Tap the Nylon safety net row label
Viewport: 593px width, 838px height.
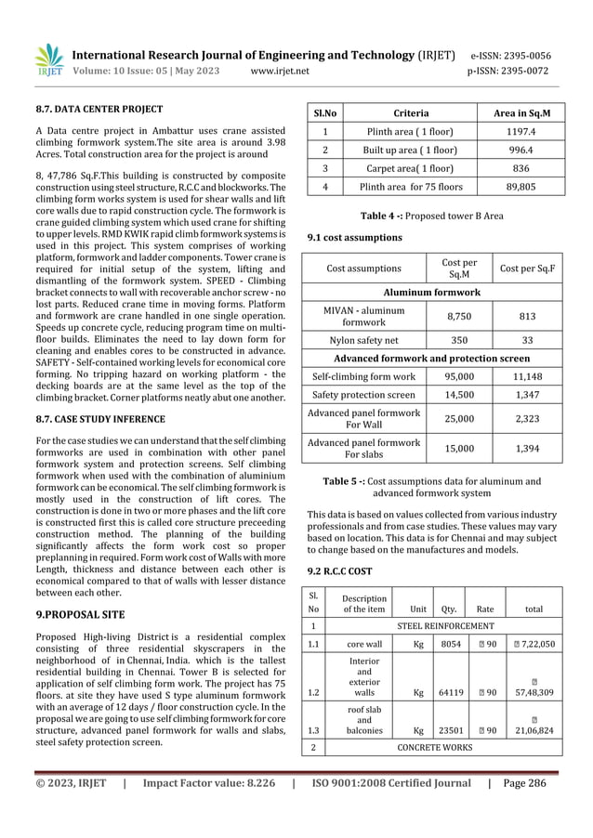[363, 340]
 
